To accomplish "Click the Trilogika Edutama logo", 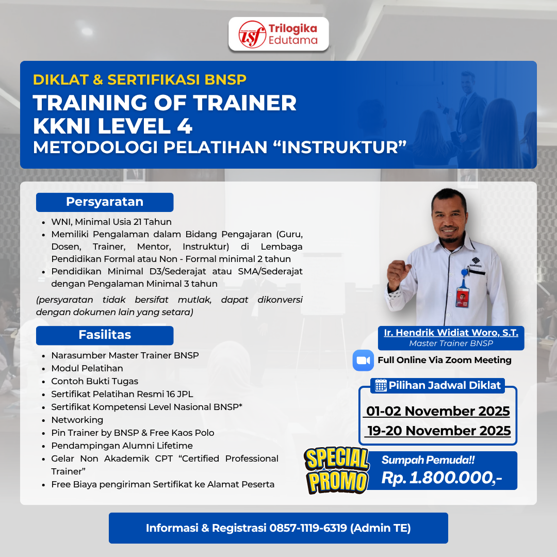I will coord(278,34).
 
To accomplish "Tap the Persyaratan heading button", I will coord(105,202).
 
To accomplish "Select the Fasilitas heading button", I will coord(105,335).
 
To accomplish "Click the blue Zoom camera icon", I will coord(363,360).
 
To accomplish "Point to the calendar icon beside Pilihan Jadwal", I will coord(381,385).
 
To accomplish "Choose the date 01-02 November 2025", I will coord(437,411).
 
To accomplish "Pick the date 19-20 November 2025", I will coord(438,431).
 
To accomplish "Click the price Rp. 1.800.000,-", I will coord(441,478).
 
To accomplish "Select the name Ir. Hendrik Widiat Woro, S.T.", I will coord(451,333).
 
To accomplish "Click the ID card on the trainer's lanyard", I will coord(463,296).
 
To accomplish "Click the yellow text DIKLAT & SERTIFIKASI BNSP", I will coord(140,79).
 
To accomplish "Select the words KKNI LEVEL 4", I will coord(112,126).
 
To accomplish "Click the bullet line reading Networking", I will coord(77,420).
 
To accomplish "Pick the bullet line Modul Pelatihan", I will coord(87,368).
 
